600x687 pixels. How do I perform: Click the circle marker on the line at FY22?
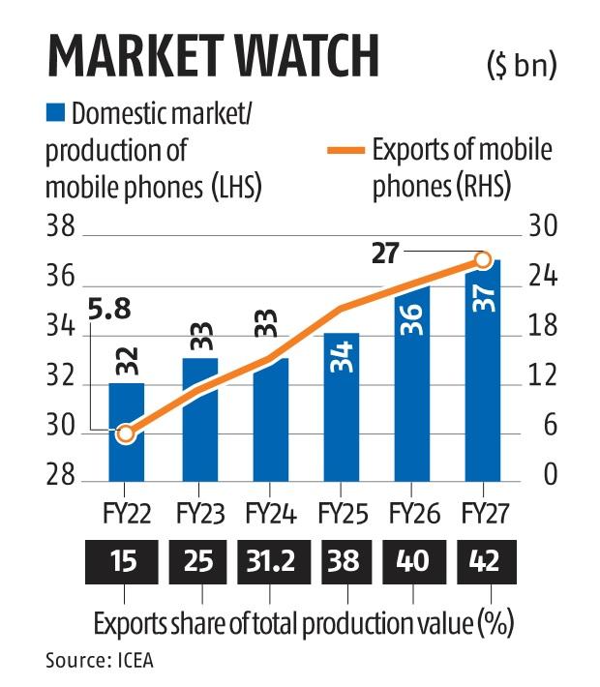click(x=126, y=434)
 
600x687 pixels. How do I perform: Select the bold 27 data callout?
click(x=386, y=254)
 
